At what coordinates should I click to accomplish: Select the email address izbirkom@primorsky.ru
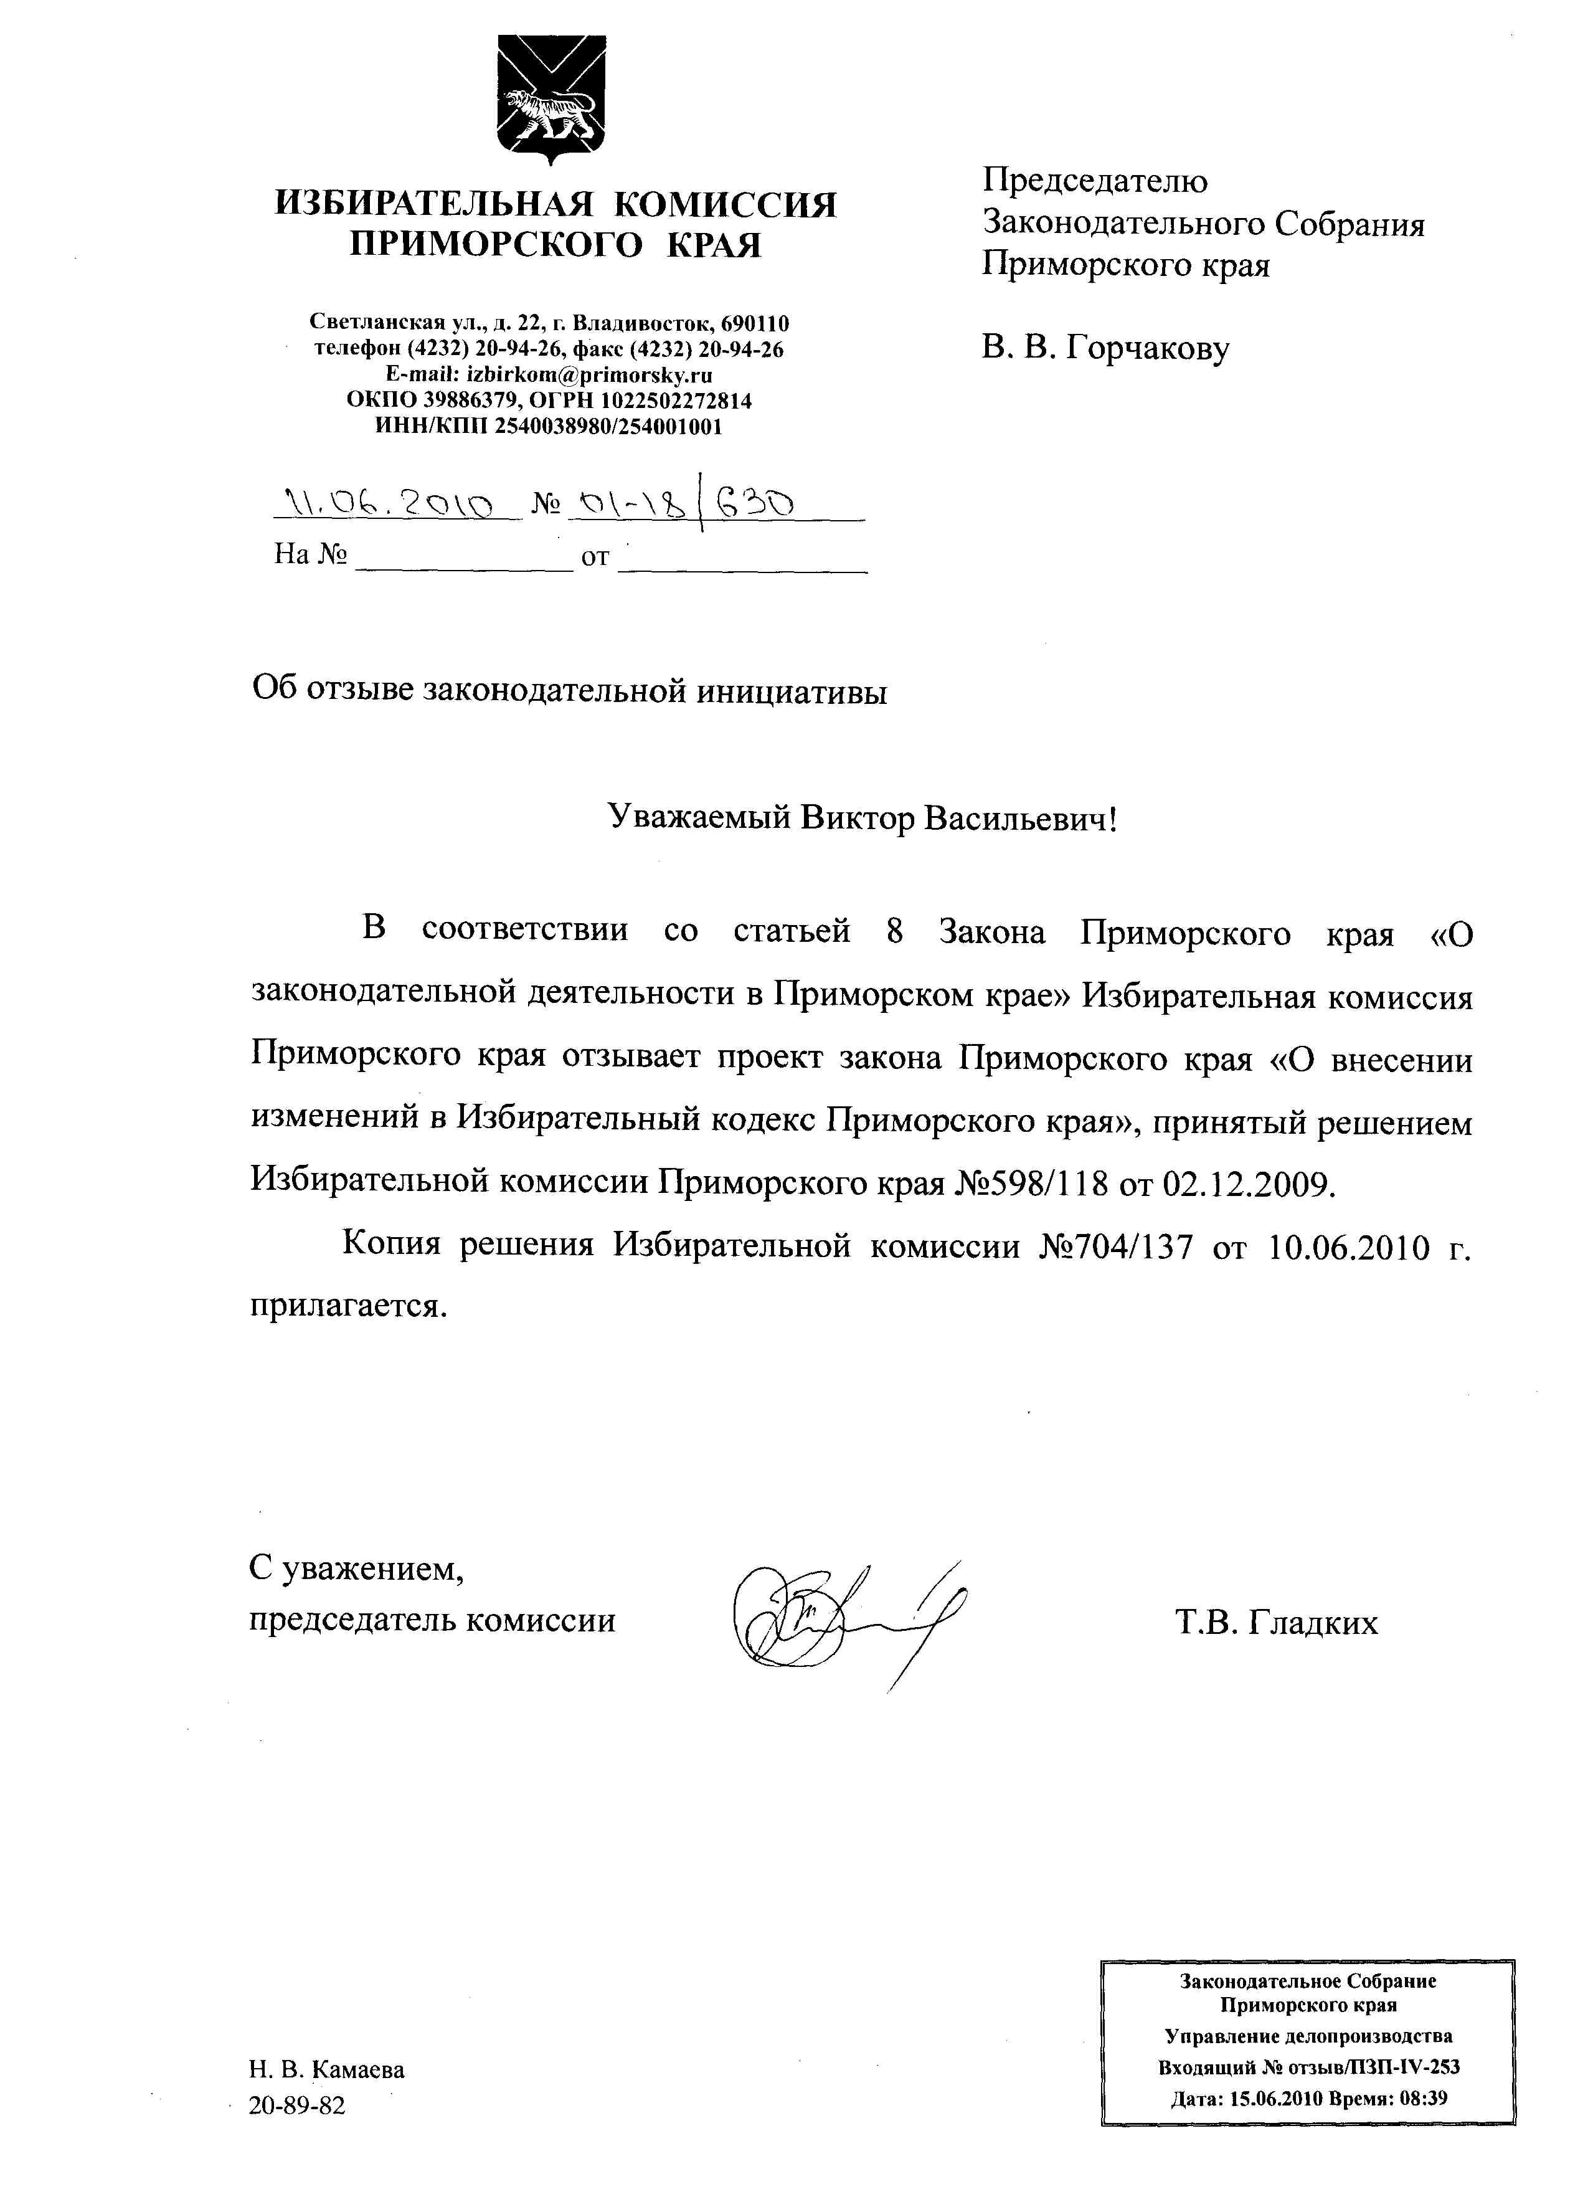(590, 374)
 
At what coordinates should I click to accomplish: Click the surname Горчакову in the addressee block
(1148, 348)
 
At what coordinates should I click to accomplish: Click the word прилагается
(348, 1306)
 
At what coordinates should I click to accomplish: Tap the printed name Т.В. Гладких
(1276, 1622)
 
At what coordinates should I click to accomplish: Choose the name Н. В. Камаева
(326, 2069)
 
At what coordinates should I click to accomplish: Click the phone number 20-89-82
(297, 2105)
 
